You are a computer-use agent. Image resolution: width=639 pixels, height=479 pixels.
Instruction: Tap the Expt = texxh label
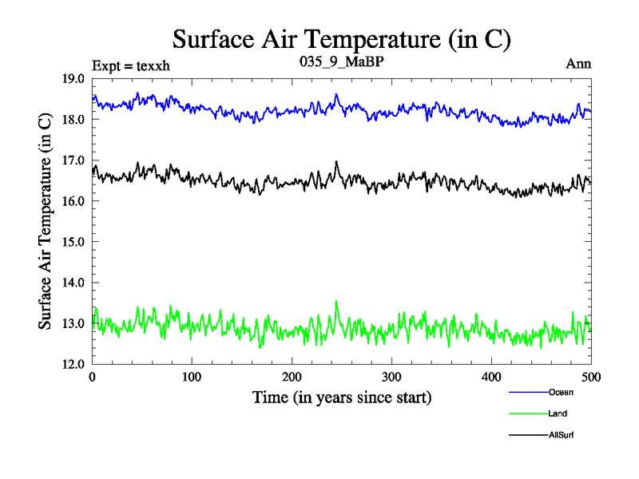click(x=131, y=65)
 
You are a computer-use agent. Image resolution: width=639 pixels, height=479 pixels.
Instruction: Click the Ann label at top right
click(x=578, y=64)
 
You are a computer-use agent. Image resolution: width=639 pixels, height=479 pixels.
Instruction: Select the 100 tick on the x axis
click(x=192, y=377)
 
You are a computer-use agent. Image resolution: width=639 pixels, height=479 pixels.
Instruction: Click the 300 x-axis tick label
click(x=391, y=377)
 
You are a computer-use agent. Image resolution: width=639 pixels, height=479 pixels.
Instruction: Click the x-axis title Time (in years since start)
click(x=342, y=397)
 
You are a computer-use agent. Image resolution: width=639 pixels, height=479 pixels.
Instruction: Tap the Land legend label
click(x=558, y=414)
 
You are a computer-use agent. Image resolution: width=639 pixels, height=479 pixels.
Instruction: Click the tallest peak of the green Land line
click(x=336, y=302)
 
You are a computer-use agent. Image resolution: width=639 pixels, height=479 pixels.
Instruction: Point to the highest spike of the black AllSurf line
click(x=336, y=162)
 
